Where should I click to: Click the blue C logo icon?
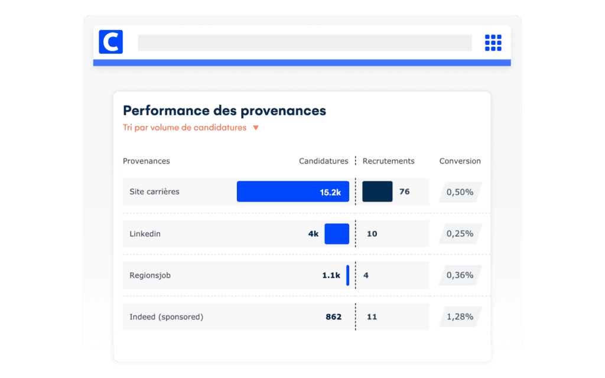click(x=111, y=42)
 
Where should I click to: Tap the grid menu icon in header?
click(x=493, y=43)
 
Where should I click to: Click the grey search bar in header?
click(x=304, y=43)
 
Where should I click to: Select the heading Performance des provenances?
click(x=224, y=110)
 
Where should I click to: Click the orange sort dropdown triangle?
click(x=256, y=128)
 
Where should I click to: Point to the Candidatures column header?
click(x=324, y=161)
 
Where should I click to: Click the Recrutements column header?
click(x=388, y=161)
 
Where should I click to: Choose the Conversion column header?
click(x=460, y=161)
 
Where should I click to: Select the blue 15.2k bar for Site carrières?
click(x=292, y=192)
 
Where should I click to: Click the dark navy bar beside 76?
click(x=377, y=192)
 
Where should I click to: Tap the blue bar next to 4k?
click(x=337, y=234)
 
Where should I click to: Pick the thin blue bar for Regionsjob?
click(x=347, y=275)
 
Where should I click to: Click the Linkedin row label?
click(x=145, y=234)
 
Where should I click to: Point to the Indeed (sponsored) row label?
click(x=166, y=317)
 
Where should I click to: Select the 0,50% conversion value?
click(x=460, y=192)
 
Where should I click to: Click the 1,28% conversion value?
click(x=460, y=317)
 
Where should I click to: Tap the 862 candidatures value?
click(x=333, y=317)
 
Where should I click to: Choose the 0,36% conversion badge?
click(x=460, y=275)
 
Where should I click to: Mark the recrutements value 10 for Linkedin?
click(x=372, y=234)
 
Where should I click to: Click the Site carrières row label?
click(x=154, y=192)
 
